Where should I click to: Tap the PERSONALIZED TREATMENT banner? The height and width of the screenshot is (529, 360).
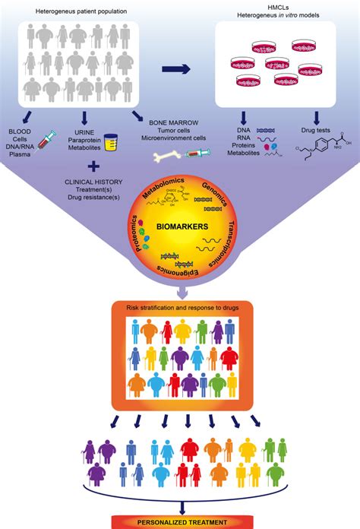(181, 523)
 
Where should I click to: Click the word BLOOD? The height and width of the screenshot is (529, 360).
(20, 131)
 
